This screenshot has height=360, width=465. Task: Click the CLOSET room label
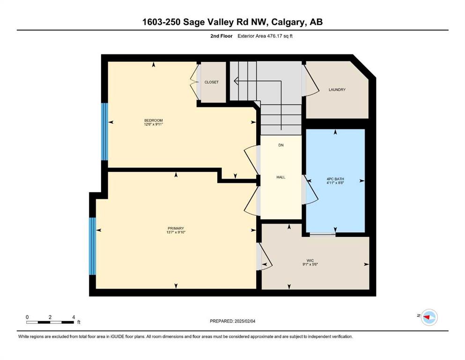[x=212, y=82]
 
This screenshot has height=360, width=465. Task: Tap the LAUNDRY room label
[x=337, y=90]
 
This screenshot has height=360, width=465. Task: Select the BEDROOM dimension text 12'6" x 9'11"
[x=154, y=124]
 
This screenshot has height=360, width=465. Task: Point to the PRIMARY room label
[x=176, y=228]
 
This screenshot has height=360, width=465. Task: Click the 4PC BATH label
[x=335, y=179]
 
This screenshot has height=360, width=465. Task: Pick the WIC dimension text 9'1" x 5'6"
[x=310, y=264]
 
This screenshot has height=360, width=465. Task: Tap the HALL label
[x=281, y=177]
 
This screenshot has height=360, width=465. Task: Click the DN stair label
[x=281, y=145]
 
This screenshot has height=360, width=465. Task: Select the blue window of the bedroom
[x=104, y=132]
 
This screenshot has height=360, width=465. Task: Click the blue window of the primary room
[x=93, y=247]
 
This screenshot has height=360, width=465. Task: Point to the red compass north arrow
[x=427, y=317]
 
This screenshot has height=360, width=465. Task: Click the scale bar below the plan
[x=50, y=322]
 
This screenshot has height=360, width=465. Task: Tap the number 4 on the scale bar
[x=74, y=317]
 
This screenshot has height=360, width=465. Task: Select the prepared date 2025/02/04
[x=245, y=321]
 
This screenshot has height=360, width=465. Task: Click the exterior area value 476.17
[x=275, y=36]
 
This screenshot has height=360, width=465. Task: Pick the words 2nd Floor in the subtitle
[x=221, y=36]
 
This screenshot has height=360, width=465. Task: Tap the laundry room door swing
[x=310, y=81]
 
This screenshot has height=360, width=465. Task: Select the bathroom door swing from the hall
[x=310, y=190]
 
